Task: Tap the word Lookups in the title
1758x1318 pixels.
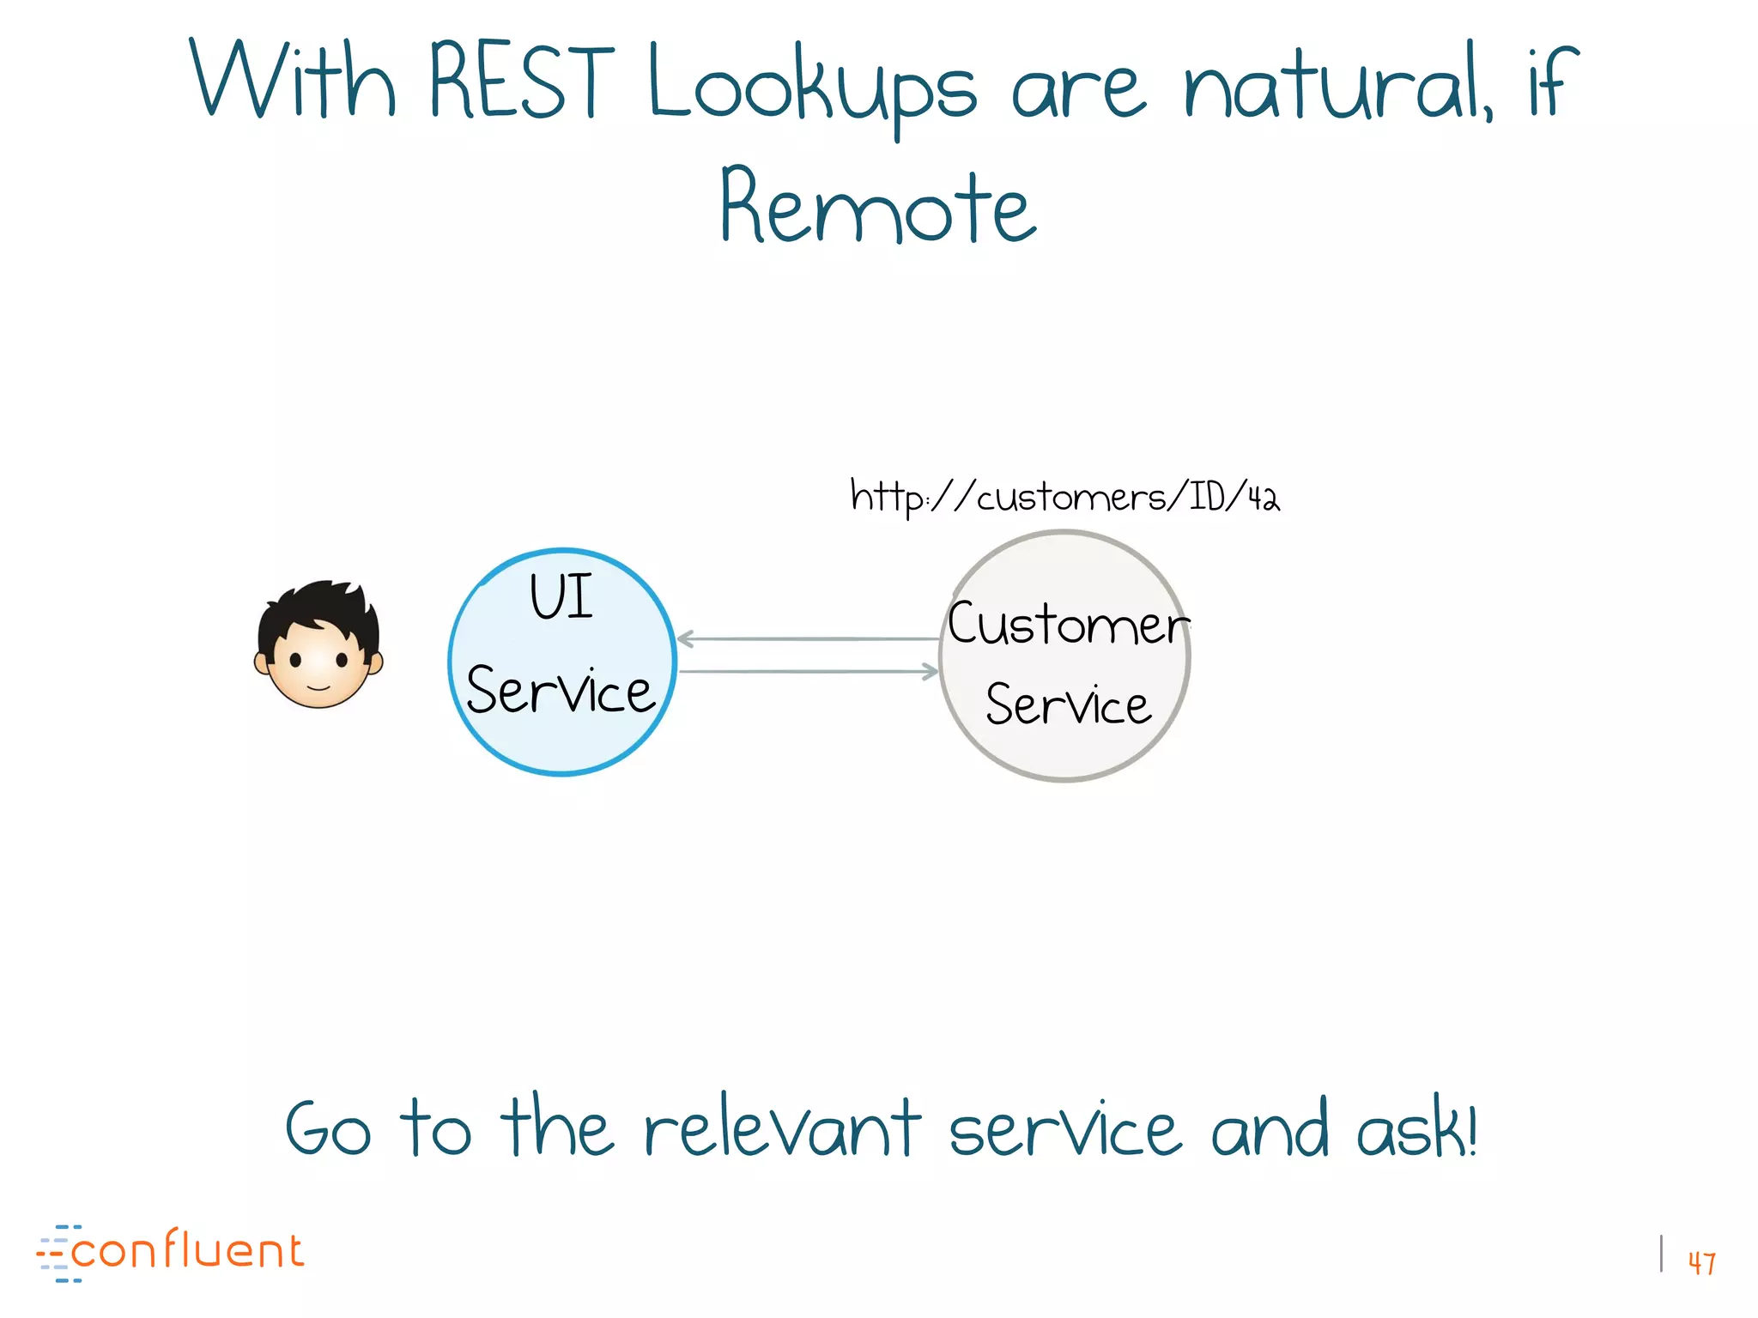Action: [811, 86]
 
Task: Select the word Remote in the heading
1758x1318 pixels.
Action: [878, 206]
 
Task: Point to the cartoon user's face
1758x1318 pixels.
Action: [318, 665]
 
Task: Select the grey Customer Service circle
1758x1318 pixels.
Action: [1064, 755]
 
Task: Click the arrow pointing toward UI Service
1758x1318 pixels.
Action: [807, 638]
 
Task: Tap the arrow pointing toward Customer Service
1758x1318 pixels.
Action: [807, 671]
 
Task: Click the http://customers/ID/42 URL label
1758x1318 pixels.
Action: [1064, 497]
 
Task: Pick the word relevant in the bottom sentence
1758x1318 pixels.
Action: [781, 1128]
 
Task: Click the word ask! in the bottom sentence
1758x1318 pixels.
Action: [1416, 1128]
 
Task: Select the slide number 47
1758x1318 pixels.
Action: [1701, 1262]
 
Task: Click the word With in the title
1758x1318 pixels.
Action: [292, 82]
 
